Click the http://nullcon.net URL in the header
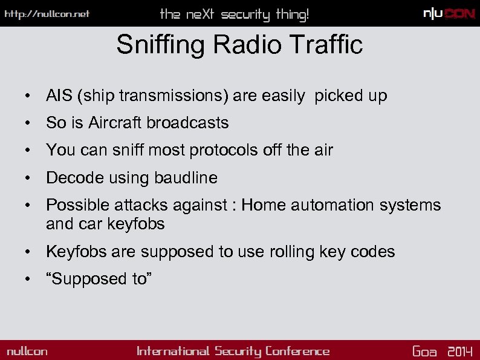click(x=47, y=14)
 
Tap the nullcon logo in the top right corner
click(x=449, y=14)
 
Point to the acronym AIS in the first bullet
click(x=58, y=96)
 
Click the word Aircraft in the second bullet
click(x=115, y=123)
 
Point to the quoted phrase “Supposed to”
click(x=99, y=279)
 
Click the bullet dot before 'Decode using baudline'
click(x=28, y=178)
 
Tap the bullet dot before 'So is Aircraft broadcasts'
click(x=28, y=123)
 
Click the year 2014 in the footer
click(x=460, y=351)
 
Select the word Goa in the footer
click(x=424, y=351)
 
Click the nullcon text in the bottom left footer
click(x=27, y=351)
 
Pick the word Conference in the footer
click(x=297, y=351)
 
